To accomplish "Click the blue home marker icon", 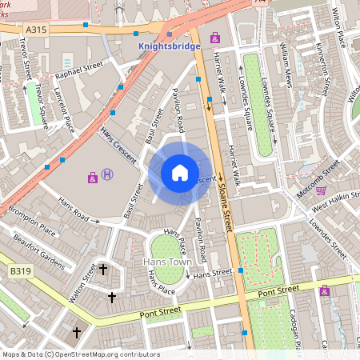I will click(x=180, y=173).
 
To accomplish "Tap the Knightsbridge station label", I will click(x=170, y=47).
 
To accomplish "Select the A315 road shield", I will click(x=35, y=30).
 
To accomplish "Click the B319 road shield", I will click(x=20, y=272).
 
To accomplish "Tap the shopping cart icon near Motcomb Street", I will click(x=321, y=190).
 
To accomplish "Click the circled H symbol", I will click(x=107, y=175).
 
